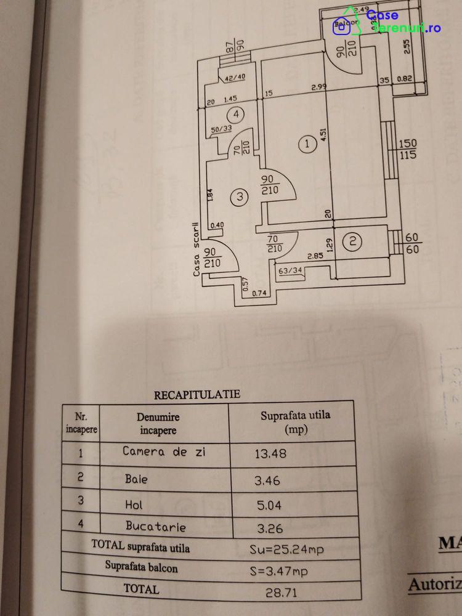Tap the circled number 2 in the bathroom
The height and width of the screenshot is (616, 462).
click(x=352, y=241)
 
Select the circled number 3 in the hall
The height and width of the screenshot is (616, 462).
click(x=240, y=197)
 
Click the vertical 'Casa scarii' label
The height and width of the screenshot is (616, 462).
click(x=197, y=248)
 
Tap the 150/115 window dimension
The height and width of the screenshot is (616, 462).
click(x=408, y=149)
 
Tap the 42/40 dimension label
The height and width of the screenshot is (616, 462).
click(x=235, y=78)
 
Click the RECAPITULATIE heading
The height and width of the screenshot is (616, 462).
click(x=197, y=394)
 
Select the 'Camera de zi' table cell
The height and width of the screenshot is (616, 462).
click(x=164, y=452)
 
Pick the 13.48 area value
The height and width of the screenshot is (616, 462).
click(x=271, y=454)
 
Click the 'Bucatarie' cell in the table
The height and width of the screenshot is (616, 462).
click(x=155, y=526)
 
